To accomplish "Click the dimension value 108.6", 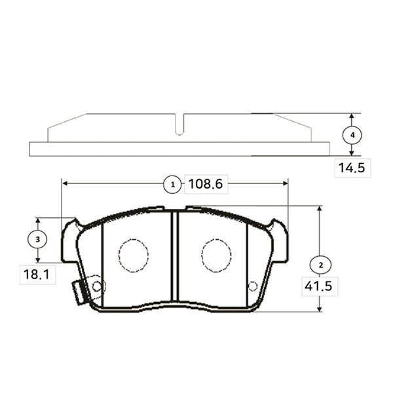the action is (206, 183).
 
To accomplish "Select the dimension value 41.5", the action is (318, 286).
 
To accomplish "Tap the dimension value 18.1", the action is (37, 274).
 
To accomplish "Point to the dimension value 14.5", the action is (352, 168).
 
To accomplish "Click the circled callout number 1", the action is (172, 185).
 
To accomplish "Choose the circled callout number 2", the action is (321, 265).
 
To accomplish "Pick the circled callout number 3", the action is (37, 239).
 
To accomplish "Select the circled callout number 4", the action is (352, 136).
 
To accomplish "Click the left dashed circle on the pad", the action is (134, 255).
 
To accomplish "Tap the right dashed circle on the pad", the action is (216, 255).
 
